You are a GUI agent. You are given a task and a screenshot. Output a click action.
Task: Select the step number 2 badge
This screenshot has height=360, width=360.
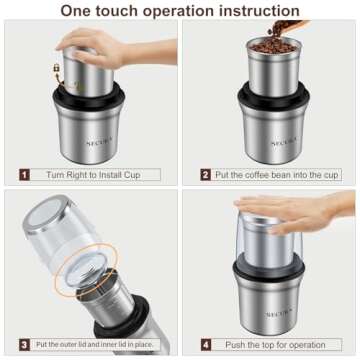pyautogui.click(x=206, y=174)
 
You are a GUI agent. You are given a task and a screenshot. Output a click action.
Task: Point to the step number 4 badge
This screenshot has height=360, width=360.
pyautogui.click(x=206, y=344)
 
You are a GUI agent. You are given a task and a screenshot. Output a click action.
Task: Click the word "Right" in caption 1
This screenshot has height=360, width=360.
pyautogui.click(x=78, y=174)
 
